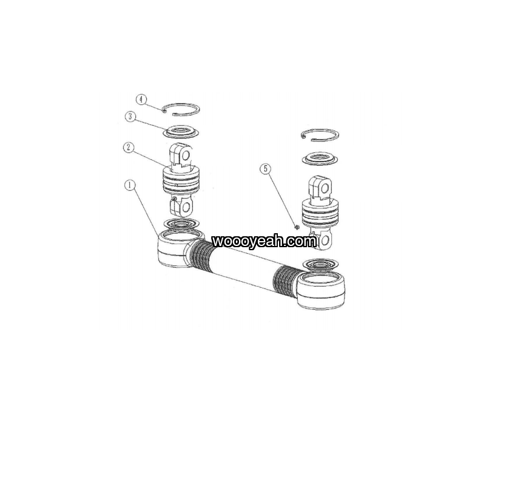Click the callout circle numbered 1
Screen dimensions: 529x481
(130, 185)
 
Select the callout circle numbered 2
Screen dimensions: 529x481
(129, 148)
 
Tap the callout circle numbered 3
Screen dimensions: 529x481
(130, 117)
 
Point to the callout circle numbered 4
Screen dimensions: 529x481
(141, 100)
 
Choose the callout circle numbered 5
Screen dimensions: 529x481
(266, 169)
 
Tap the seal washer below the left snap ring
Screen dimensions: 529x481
(181, 132)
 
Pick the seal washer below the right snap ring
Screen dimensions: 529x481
(320, 159)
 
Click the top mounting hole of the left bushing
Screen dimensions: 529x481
(185, 155)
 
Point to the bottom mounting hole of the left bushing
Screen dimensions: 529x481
(186, 206)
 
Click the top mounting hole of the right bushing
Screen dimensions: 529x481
(325, 188)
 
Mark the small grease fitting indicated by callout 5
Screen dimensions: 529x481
(297, 227)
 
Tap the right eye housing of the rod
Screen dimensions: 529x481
(321, 290)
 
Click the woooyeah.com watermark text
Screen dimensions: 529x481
(264, 241)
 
